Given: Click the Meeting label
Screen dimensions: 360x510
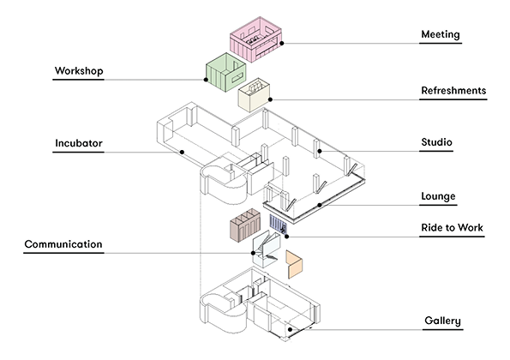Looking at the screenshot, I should tap(440, 35).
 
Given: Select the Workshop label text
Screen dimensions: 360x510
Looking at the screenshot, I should tap(79, 71).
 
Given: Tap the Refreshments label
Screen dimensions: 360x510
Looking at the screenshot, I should tap(453, 90).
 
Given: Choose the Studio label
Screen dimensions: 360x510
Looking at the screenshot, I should tap(436, 142).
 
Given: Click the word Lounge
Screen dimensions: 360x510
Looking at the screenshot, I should tap(438, 196).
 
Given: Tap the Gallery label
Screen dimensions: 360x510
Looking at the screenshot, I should tap(442, 321).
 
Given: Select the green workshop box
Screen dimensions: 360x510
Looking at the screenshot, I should tap(225, 72).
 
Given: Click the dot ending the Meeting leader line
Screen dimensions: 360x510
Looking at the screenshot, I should tap(283, 43).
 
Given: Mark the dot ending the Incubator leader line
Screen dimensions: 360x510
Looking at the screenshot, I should tap(183, 153).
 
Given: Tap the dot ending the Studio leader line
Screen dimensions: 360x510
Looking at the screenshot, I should tap(320, 152).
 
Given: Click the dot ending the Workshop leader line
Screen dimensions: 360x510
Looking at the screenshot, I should tap(207, 81).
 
